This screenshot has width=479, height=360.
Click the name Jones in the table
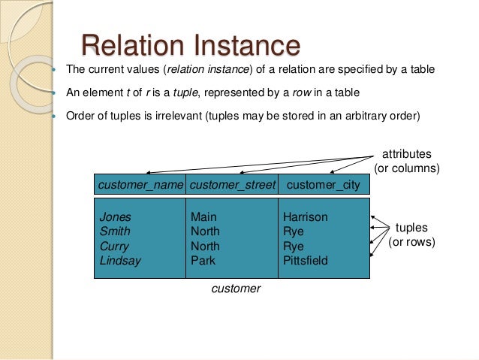(x=115, y=217)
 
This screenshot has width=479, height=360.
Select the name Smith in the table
(x=114, y=231)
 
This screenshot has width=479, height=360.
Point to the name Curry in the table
(x=114, y=247)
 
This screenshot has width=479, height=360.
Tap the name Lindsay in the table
(x=120, y=261)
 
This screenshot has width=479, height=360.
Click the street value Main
(x=203, y=217)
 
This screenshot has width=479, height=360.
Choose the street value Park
(x=203, y=261)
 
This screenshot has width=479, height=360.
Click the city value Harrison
(x=305, y=217)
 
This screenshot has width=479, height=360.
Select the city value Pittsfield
(x=306, y=261)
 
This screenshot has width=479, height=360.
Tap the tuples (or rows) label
(x=411, y=234)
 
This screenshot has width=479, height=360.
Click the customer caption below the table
(x=236, y=289)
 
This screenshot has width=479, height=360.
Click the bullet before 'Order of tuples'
(x=56, y=117)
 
